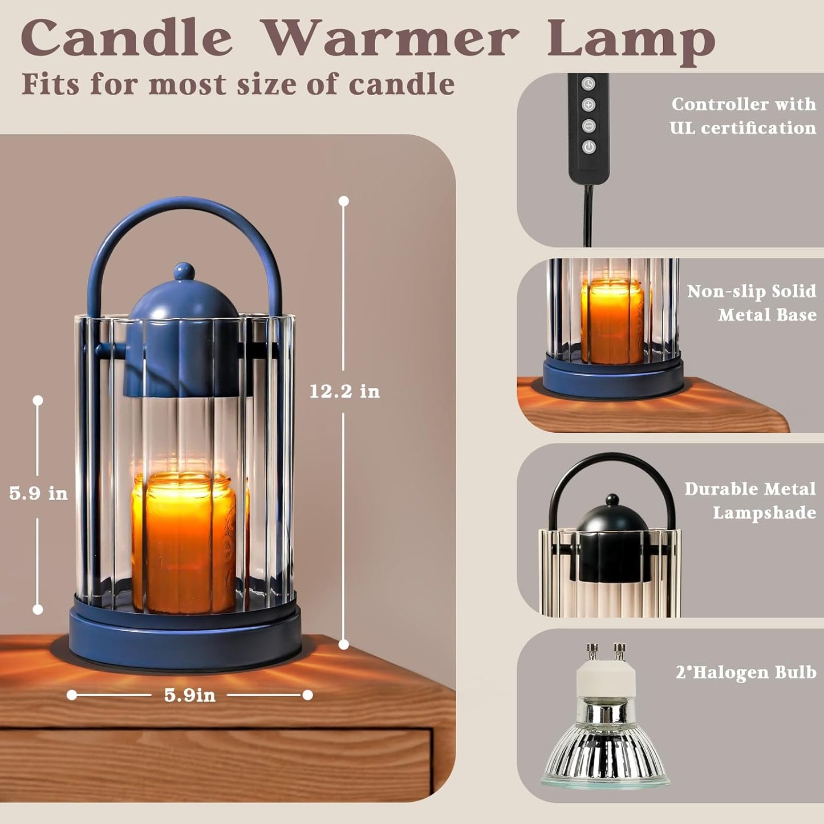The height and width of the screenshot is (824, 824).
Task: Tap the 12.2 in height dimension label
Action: [344, 392]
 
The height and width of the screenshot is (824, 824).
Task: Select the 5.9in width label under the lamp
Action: [190, 695]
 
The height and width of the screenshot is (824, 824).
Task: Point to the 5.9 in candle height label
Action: [38, 493]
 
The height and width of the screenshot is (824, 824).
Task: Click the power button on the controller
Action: [588, 147]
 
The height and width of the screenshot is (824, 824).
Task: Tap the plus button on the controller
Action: [588, 105]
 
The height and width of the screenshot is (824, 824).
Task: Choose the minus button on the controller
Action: [588, 126]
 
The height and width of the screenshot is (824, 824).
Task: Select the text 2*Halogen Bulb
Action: [745, 672]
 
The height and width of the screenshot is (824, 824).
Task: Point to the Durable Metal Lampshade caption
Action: [749, 501]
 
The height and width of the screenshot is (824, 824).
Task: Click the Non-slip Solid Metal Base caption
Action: [751, 303]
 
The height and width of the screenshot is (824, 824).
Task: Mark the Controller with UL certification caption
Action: [742, 116]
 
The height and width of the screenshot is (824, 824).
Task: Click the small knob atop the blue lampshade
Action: [184, 271]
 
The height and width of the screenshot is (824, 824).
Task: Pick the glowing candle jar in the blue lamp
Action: [184, 542]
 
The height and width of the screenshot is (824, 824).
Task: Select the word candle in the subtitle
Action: [401, 84]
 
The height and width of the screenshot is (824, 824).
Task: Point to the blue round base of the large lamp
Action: [185, 636]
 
